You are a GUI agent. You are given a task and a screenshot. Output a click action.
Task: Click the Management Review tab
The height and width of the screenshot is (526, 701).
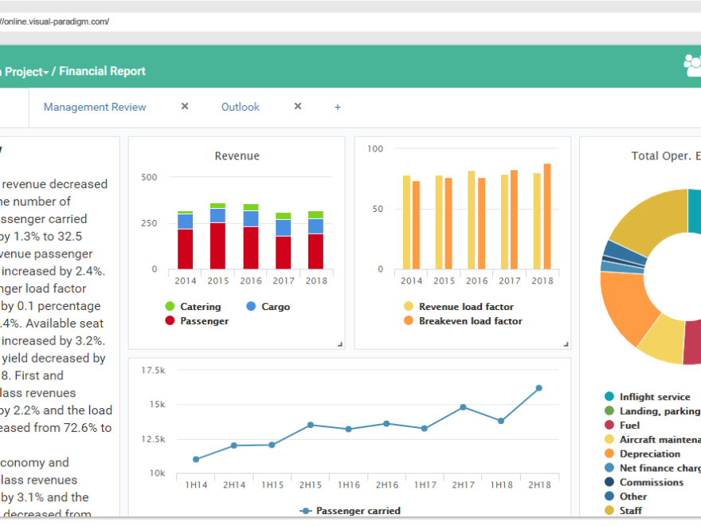[x=95, y=107]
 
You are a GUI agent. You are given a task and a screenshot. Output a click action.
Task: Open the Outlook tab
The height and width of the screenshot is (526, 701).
[x=240, y=107]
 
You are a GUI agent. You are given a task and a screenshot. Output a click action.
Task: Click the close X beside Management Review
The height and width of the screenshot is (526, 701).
[x=185, y=106]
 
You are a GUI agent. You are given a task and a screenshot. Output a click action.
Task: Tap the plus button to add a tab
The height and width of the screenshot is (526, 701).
[x=338, y=107]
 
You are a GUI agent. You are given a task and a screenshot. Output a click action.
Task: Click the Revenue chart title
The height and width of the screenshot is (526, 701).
[x=237, y=156]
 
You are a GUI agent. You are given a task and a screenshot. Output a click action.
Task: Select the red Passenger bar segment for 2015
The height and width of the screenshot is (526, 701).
[x=217, y=245]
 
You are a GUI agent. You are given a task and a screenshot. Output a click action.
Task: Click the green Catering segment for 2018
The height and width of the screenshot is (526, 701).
[x=315, y=214]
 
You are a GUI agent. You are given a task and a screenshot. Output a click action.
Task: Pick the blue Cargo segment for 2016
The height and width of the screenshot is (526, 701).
[x=251, y=218]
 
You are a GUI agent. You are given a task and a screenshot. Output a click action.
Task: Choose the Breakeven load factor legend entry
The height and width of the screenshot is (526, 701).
[x=470, y=321]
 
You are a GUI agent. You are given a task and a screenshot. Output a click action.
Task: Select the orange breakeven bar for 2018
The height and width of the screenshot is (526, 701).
[x=547, y=216]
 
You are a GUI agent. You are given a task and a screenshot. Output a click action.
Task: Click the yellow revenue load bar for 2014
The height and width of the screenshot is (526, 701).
[x=406, y=222]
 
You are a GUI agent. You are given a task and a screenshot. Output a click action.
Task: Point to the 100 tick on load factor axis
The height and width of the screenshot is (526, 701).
[x=376, y=149]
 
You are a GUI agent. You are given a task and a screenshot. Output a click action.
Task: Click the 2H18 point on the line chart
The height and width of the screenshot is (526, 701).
[x=538, y=388]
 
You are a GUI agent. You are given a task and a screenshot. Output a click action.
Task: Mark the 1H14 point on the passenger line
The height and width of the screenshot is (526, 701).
[x=196, y=459]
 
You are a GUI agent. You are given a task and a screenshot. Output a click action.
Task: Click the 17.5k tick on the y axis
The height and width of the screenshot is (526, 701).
[x=153, y=371]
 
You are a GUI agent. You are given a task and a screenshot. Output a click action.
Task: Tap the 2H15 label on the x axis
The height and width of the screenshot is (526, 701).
[x=310, y=485]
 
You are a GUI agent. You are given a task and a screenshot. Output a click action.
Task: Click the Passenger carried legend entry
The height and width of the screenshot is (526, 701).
[x=358, y=511]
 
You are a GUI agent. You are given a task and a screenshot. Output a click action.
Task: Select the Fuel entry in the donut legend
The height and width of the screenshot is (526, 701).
[x=629, y=426]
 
